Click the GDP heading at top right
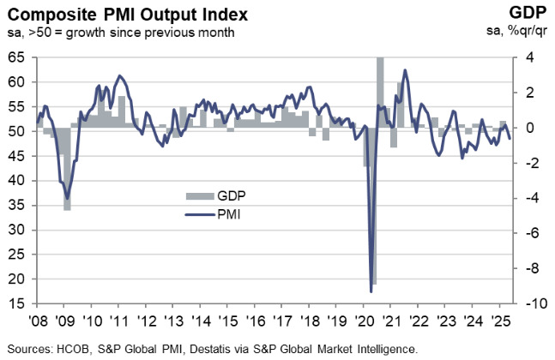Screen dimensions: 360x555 [x=524, y=14]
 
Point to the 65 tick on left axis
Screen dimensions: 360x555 [x=16, y=57]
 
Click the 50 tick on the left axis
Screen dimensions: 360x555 [x=16, y=131]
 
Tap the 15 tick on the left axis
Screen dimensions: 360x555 [x=16, y=303]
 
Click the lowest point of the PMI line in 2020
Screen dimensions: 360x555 [x=371, y=291]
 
